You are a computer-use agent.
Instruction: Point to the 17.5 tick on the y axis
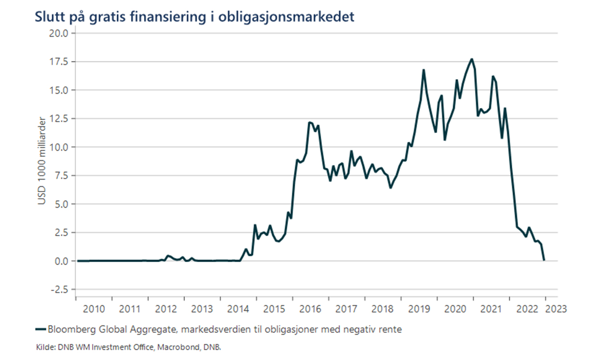click(x=60, y=62)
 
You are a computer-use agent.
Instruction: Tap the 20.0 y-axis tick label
click(x=60, y=34)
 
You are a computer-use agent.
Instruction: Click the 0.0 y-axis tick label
click(x=62, y=261)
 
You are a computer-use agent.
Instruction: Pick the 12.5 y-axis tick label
click(x=60, y=119)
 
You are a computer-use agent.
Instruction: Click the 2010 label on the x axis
click(x=94, y=309)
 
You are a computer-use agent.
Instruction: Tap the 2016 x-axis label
click(x=311, y=309)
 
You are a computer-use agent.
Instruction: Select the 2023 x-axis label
click(x=555, y=309)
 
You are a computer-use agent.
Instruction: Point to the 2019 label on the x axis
click(x=419, y=309)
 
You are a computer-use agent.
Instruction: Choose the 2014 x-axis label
click(x=238, y=309)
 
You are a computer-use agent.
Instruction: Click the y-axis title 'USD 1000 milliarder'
click(x=43, y=160)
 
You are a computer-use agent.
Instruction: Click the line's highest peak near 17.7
click(x=472, y=59)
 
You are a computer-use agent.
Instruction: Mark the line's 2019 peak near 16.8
click(x=424, y=70)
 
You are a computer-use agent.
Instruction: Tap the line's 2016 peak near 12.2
click(x=310, y=122)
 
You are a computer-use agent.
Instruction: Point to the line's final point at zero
click(x=544, y=260)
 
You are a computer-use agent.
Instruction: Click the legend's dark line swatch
click(x=41, y=330)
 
